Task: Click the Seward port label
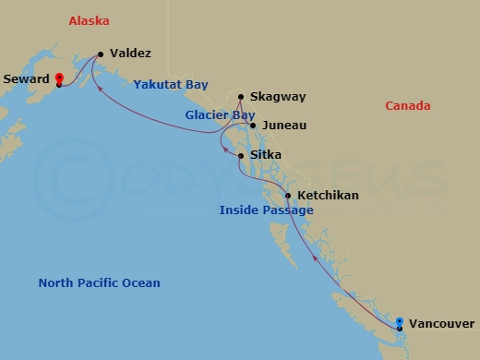point(26,79)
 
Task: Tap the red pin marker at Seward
point(58,79)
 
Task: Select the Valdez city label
point(130,54)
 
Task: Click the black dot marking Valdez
point(100,54)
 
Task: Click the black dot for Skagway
point(242,97)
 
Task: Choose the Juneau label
point(282,125)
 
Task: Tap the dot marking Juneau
point(252,125)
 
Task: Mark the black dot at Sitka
point(241,156)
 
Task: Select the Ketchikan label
point(328,196)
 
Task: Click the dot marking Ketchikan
point(288,196)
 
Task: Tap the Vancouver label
point(441,323)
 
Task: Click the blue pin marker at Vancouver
point(399,323)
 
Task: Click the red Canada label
point(409,106)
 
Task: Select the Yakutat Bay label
point(171,85)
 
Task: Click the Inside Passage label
point(266,210)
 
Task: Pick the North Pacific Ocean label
point(99,283)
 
